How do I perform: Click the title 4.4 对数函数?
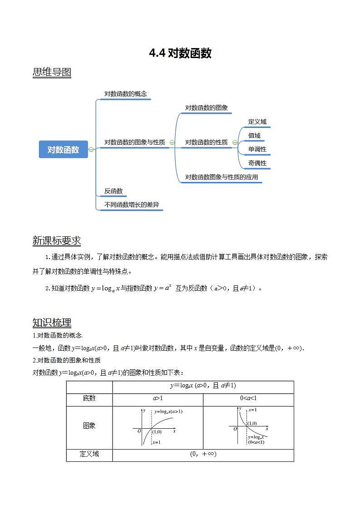click(x=180, y=54)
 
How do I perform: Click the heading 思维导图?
click(x=52, y=72)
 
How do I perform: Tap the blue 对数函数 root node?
click(x=63, y=149)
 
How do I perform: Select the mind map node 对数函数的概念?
click(x=126, y=94)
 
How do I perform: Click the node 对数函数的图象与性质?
click(x=134, y=142)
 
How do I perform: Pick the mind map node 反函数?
click(x=113, y=191)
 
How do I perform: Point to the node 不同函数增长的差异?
click(x=132, y=205)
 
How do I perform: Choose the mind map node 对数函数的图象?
click(x=206, y=108)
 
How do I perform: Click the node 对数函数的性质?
click(x=206, y=142)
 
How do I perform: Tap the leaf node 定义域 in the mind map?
click(x=257, y=122)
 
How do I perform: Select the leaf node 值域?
click(x=254, y=135)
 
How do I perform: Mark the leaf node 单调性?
click(x=257, y=149)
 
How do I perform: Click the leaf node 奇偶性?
click(x=257, y=163)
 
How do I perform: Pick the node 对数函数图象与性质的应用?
click(x=221, y=177)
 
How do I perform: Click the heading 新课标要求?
click(x=57, y=240)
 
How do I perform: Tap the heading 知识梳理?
click(x=52, y=323)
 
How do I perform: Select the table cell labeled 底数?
click(x=89, y=398)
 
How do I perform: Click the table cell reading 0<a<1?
click(x=248, y=398)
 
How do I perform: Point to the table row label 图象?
click(x=89, y=426)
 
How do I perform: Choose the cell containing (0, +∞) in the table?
click(x=203, y=454)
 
